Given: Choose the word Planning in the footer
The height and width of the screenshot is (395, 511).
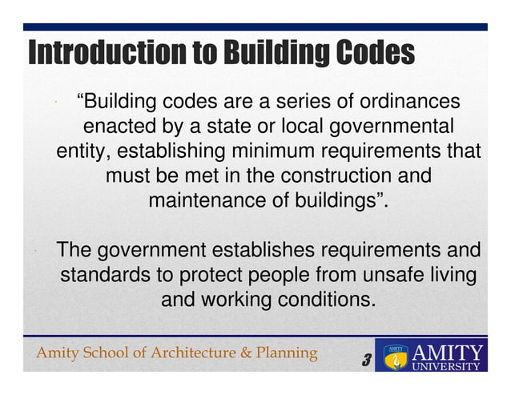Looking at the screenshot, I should pos(284,353).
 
